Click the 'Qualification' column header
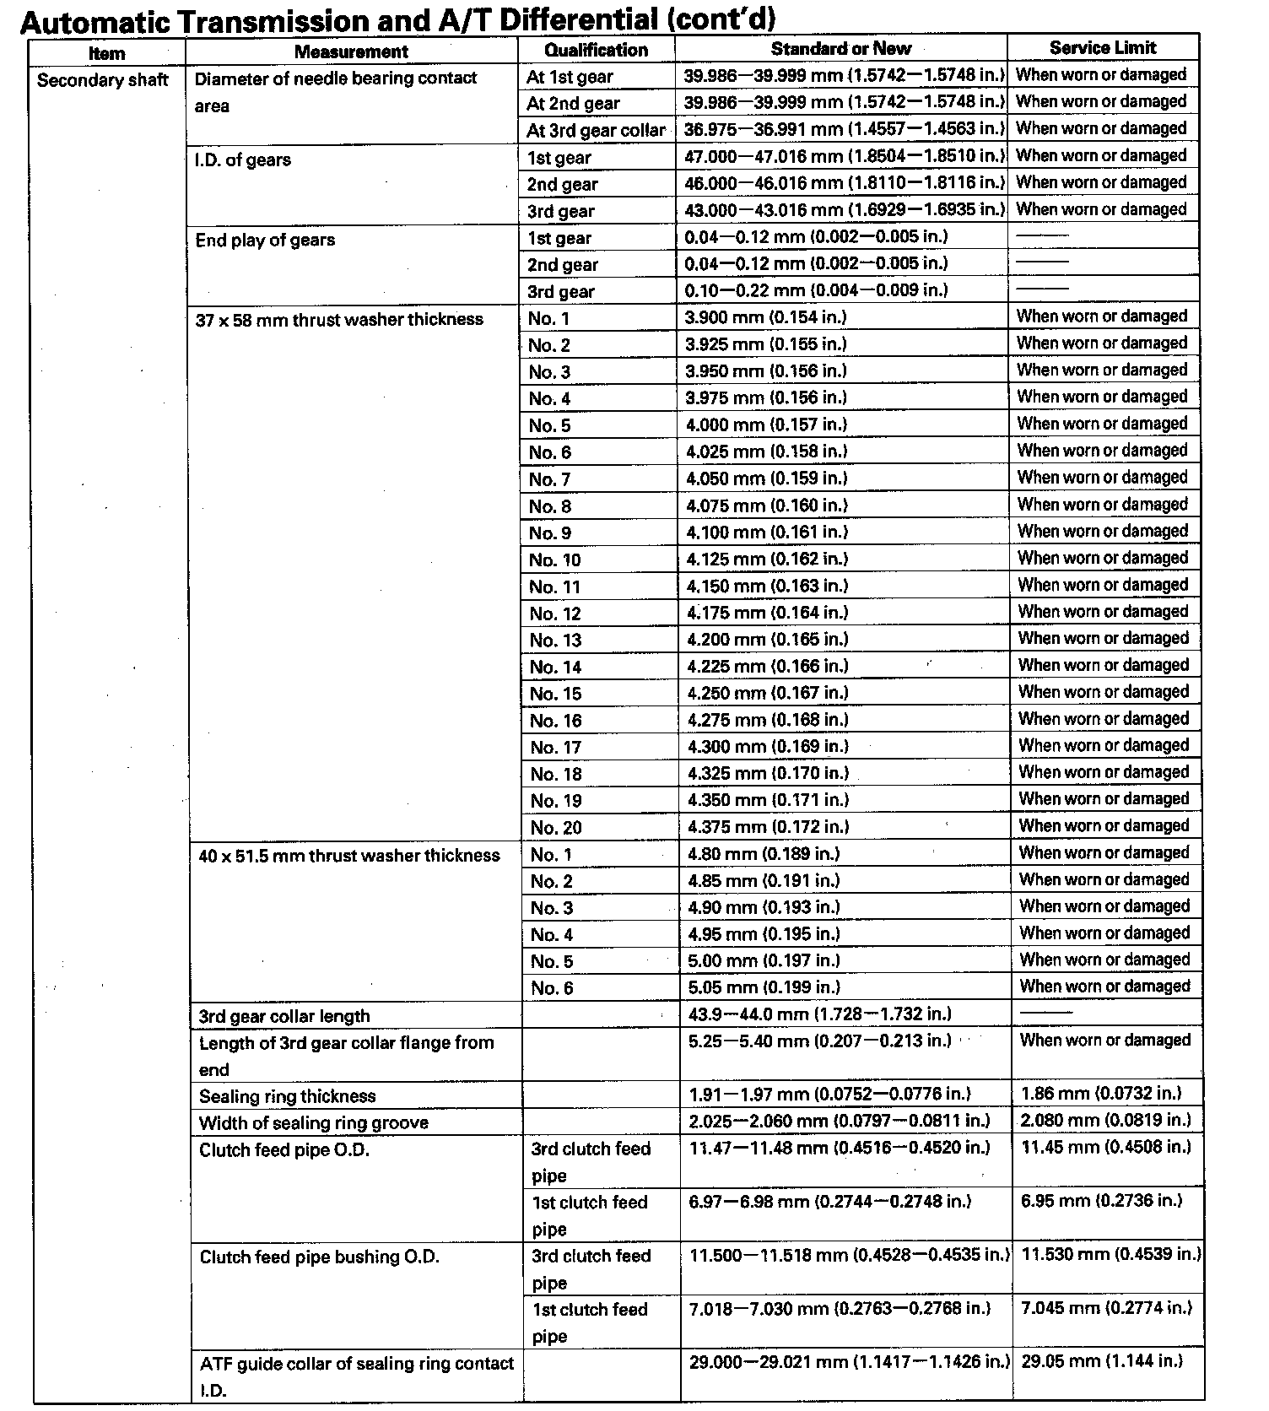coord(596,50)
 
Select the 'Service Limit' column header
coord(1103,48)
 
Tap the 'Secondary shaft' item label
coord(103,80)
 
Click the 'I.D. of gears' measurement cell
coord(243,159)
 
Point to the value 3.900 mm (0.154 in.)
coord(766,316)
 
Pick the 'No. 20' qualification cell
coord(556,828)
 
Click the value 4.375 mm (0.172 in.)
coord(768,827)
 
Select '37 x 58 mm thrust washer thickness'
coord(339,320)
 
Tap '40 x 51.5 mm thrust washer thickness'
coord(349,856)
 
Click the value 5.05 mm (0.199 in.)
coord(764,987)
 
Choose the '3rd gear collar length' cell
coord(284,1016)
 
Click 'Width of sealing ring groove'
coord(314,1123)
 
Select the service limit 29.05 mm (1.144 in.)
coord(1102,1361)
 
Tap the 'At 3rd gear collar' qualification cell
coord(596,131)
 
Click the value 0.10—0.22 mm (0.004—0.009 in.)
coord(817,290)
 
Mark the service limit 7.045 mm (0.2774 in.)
coord(1106,1308)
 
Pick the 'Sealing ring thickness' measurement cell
coord(288,1096)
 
